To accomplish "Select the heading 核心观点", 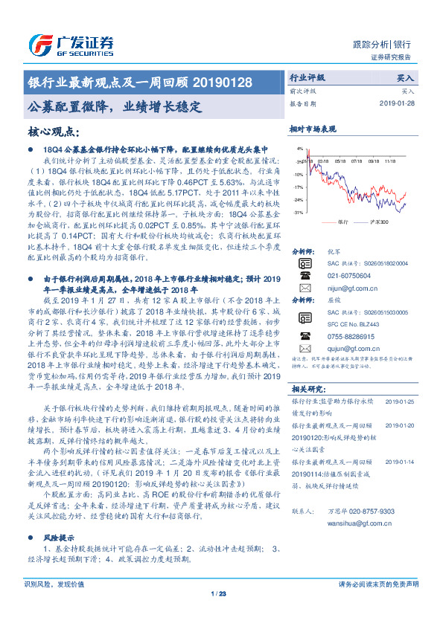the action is (x=53, y=132).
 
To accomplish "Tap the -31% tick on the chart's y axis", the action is (x=298, y=213).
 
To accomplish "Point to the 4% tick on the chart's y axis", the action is (x=299, y=149).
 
